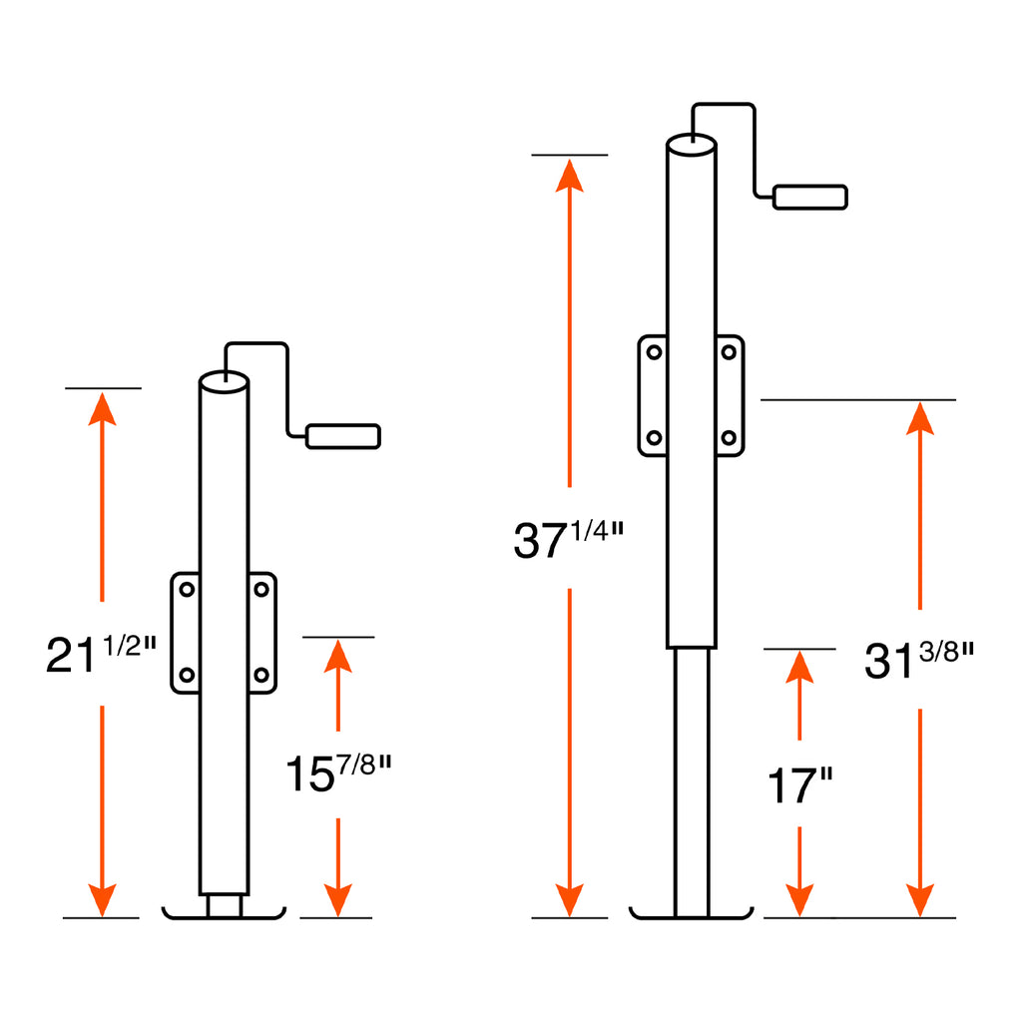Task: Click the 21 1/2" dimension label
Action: pyautogui.click(x=101, y=654)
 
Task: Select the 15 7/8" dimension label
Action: pyautogui.click(x=338, y=773)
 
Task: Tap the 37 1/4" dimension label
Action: pyautogui.click(x=568, y=539)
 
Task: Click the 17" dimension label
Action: pyautogui.click(x=799, y=784)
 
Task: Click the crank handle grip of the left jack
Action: pyautogui.click(x=343, y=437)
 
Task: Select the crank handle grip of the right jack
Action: pyautogui.click(x=810, y=197)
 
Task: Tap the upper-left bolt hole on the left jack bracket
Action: pyautogui.click(x=187, y=590)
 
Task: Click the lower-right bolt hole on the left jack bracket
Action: pyautogui.click(x=261, y=675)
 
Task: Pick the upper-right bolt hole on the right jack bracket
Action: pyautogui.click(x=729, y=352)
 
